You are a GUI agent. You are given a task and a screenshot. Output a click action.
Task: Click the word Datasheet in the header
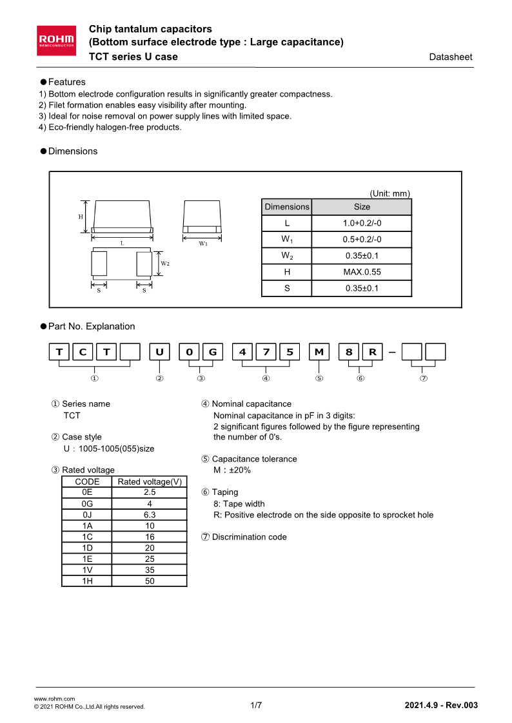coord(450,57)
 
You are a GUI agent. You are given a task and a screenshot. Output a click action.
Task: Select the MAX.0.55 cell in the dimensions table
coord(362,272)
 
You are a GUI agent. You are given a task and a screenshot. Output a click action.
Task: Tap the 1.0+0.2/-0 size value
coord(362,223)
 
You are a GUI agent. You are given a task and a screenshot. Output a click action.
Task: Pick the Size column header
coord(362,207)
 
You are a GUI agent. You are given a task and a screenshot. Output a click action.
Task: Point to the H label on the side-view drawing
coord(81,217)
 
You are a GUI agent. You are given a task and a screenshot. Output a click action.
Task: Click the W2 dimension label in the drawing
coord(165,263)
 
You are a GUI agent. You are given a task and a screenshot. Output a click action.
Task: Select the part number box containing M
coord(320,352)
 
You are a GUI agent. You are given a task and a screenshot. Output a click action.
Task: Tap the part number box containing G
coord(213,352)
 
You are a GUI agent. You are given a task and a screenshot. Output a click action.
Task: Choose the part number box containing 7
coord(266,352)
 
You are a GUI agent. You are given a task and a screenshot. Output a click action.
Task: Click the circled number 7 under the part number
coord(424,378)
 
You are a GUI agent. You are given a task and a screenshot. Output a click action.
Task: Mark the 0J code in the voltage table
coord(87,515)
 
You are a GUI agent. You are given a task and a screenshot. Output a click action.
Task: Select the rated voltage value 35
coord(150,570)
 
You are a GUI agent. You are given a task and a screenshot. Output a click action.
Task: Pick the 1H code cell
coord(87,581)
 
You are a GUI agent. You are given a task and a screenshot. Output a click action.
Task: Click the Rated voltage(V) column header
coord(150,481)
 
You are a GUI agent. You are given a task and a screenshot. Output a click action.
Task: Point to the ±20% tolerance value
coord(239,470)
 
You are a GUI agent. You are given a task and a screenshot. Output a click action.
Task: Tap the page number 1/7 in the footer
coord(256,706)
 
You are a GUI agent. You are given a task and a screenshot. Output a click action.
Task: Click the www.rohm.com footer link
coord(54,699)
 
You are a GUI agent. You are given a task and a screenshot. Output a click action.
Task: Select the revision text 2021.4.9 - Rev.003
coord(441,706)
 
